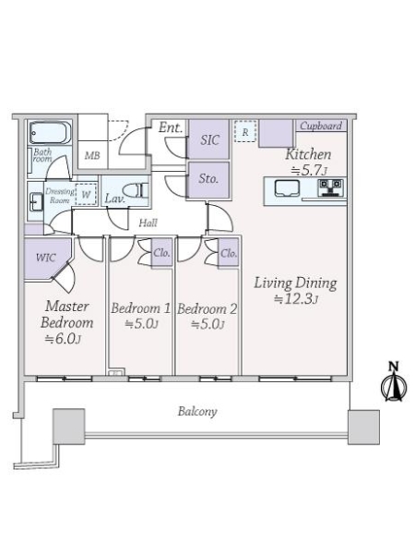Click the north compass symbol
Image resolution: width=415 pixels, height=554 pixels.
[x=394, y=381]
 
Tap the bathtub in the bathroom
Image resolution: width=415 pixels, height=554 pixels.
[x=50, y=132]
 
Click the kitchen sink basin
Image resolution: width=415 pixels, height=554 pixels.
[x=287, y=187]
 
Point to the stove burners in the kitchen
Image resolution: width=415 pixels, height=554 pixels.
[x=331, y=187]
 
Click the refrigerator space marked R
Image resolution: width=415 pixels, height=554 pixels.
[x=245, y=131]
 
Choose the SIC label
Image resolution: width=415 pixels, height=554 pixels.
[x=209, y=140]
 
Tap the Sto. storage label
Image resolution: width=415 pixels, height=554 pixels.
[x=208, y=178]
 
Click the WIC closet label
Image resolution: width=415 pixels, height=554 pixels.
[x=45, y=258]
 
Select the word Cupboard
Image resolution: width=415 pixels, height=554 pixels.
[x=321, y=126]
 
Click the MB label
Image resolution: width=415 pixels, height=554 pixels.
[x=92, y=155]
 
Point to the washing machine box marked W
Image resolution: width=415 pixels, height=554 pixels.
[x=86, y=194]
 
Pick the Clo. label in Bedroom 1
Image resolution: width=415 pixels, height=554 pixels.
[x=161, y=253]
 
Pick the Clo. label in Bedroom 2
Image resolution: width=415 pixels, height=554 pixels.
[x=229, y=253]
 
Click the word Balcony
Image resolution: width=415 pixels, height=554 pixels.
[x=197, y=411]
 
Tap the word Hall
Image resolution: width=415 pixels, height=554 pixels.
[x=148, y=223]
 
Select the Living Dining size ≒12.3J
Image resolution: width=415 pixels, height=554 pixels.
[x=296, y=299]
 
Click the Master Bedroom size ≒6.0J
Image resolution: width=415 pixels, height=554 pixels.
[x=64, y=339]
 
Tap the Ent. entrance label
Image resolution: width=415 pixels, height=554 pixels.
[x=172, y=127]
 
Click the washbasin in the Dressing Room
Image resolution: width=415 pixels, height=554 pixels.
[x=35, y=200]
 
